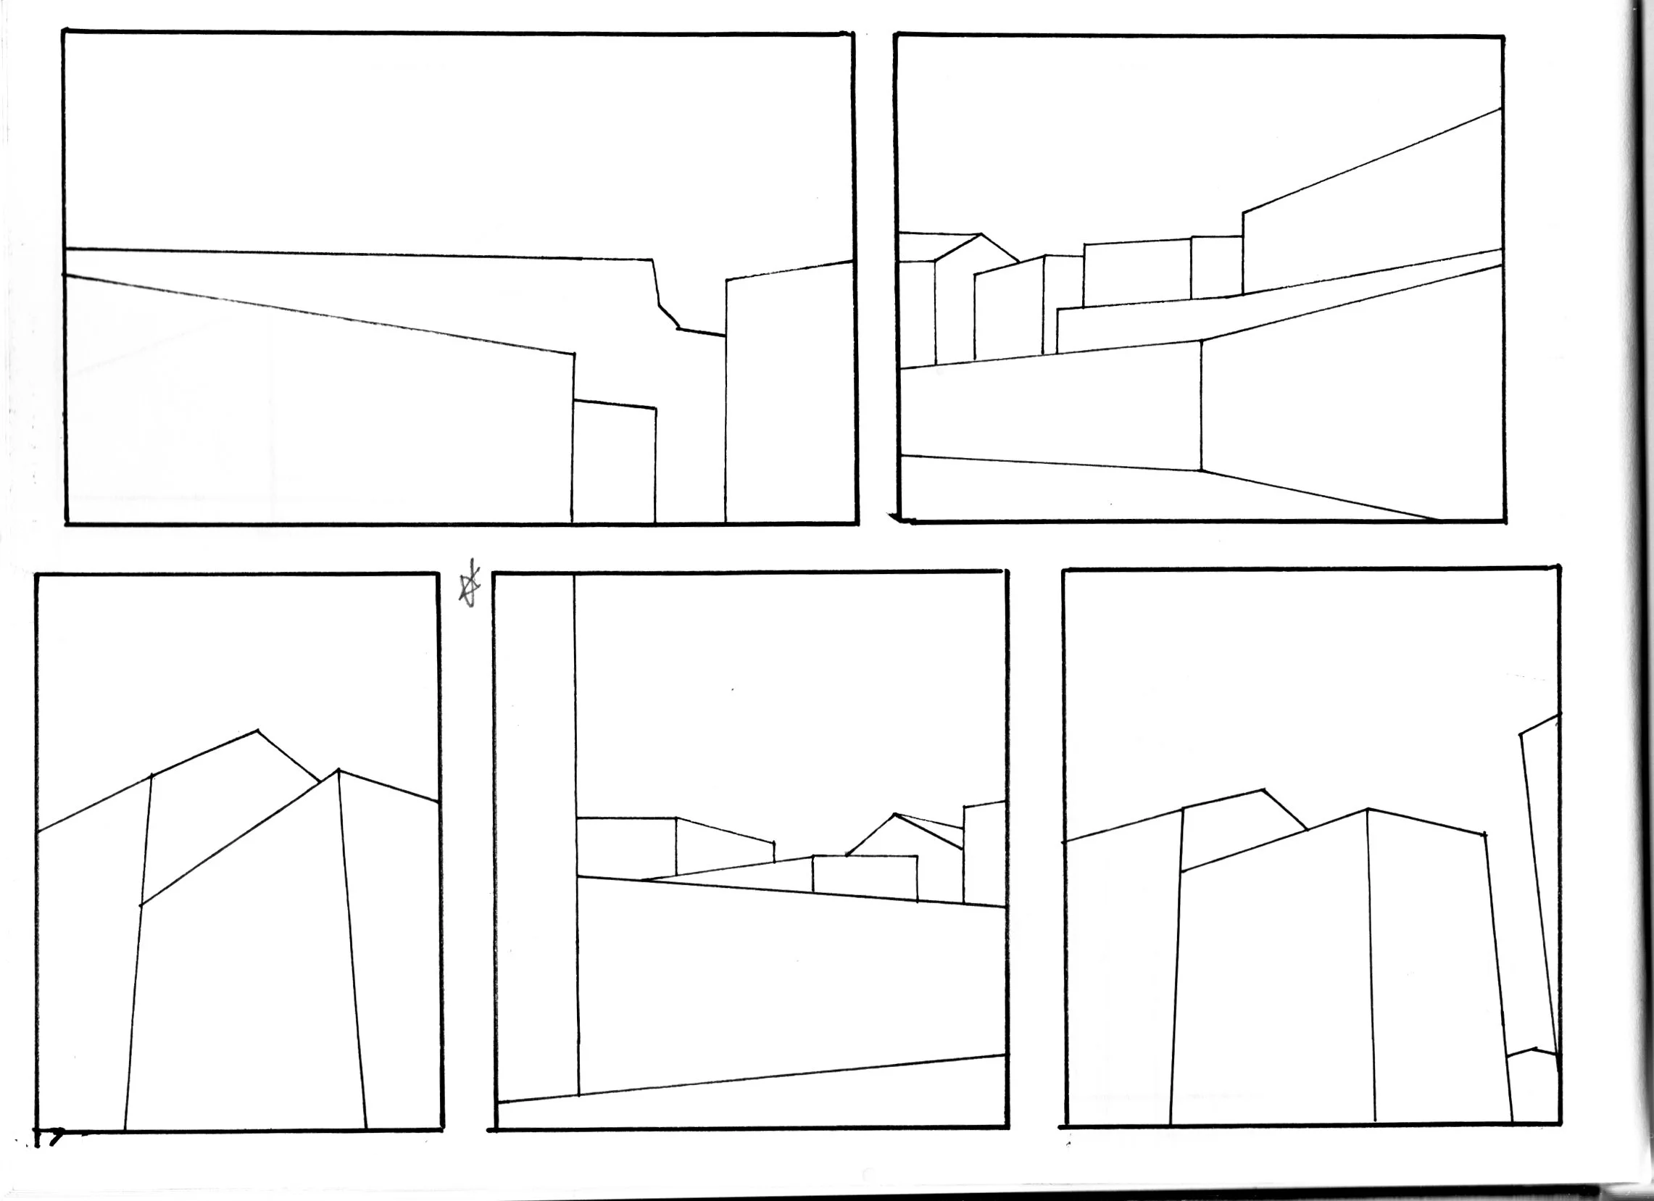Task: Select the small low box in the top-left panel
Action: click(x=613, y=463)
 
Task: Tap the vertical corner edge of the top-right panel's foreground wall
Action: click(x=1201, y=405)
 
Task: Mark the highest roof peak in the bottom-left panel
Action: click(x=257, y=730)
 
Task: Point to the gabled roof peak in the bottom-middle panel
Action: click(x=894, y=815)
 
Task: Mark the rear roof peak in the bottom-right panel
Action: click(x=1264, y=790)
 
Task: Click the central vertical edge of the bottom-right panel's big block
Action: click(x=1371, y=963)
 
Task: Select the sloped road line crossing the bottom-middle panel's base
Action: click(x=751, y=1078)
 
